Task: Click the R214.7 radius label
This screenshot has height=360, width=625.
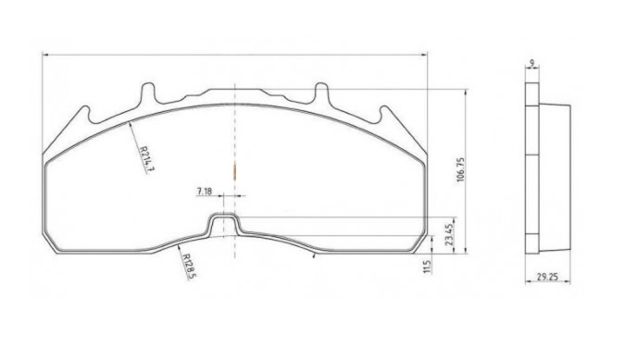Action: [146, 158]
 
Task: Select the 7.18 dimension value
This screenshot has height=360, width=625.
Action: [204, 192]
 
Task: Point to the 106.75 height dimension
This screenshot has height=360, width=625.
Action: [461, 169]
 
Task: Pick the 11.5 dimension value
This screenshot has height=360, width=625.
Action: [428, 267]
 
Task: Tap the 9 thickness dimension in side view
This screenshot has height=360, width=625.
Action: [531, 63]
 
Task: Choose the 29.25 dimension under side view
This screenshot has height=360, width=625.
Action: [547, 277]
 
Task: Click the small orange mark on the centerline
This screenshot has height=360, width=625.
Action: [235, 171]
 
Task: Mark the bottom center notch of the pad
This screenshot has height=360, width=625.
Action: [224, 224]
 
